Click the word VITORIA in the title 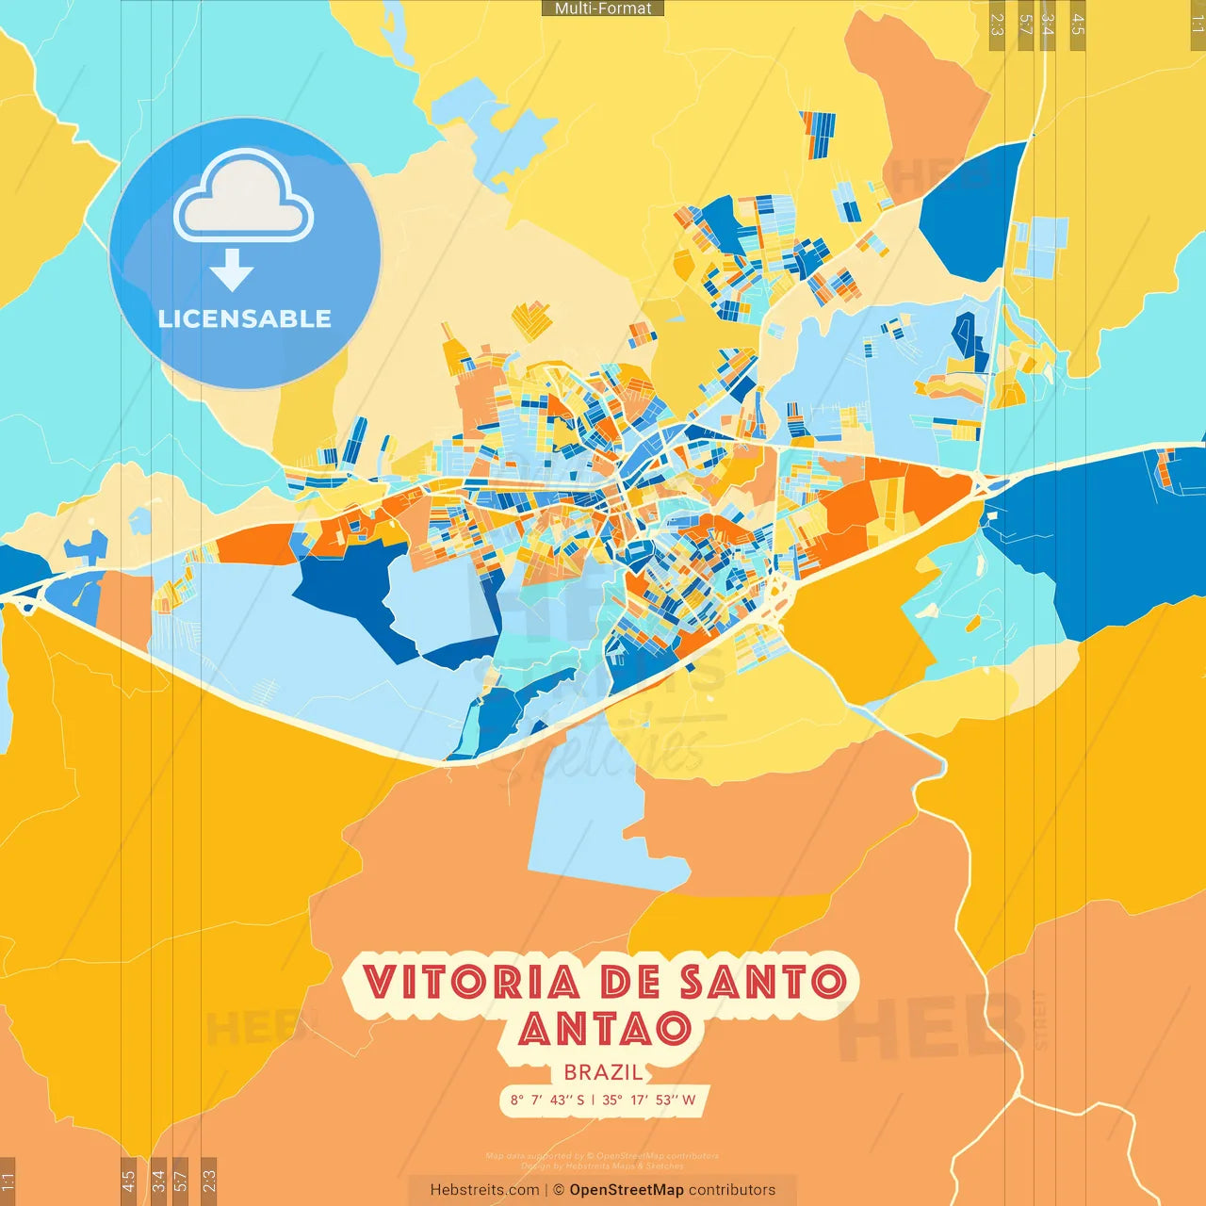[471, 983]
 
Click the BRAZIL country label [604, 1072]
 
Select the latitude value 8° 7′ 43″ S [547, 1100]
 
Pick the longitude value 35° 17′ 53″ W [649, 1100]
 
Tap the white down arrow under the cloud [232, 269]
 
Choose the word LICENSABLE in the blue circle [245, 318]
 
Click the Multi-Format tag [603, 8]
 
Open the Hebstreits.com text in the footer [484, 1190]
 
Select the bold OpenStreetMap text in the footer [627, 1190]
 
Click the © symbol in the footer [559, 1190]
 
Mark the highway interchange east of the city [986, 486]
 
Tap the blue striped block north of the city [817, 133]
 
